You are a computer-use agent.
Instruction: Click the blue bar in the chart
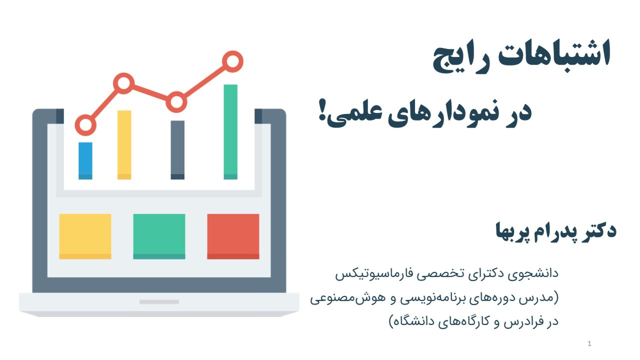[85, 161]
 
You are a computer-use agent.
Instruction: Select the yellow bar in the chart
[124, 145]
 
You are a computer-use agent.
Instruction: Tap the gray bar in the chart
[177, 150]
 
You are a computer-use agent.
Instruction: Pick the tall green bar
[231, 132]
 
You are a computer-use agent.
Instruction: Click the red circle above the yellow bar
[124, 75]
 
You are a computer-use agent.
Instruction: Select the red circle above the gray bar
[176, 93]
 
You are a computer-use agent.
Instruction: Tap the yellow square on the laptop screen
[85, 236]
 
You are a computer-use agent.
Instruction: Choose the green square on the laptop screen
[159, 236]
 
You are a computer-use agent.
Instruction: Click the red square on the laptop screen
[233, 236]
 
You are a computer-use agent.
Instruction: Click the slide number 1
[589, 344]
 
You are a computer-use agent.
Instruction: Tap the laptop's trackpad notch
[159, 302]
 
